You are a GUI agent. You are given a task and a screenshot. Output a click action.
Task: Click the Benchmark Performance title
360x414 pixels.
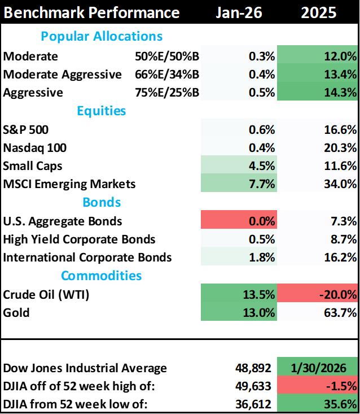coord(91,12)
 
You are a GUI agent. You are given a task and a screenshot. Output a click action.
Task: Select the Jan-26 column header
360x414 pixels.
coord(239,12)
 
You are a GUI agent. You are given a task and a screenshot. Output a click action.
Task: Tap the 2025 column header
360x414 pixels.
coord(319,12)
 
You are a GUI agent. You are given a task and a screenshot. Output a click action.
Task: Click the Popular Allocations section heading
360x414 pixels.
coord(102,37)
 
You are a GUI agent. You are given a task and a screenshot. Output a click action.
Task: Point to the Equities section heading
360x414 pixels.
coord(102,111)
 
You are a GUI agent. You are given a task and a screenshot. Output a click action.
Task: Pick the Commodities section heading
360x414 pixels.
coord(102,276)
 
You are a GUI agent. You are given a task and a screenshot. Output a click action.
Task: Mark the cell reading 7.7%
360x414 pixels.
coord(240,184)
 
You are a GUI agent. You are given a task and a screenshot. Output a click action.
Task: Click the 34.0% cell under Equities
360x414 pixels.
coord(318,184)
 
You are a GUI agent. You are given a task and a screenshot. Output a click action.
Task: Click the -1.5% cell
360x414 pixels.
coord(318,386)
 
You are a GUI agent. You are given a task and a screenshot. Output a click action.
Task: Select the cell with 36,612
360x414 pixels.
coord(240,404)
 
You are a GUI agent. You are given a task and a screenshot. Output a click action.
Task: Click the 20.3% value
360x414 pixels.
coord(318,148)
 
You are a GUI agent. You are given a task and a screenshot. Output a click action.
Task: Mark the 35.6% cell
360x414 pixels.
coord(318,404)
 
